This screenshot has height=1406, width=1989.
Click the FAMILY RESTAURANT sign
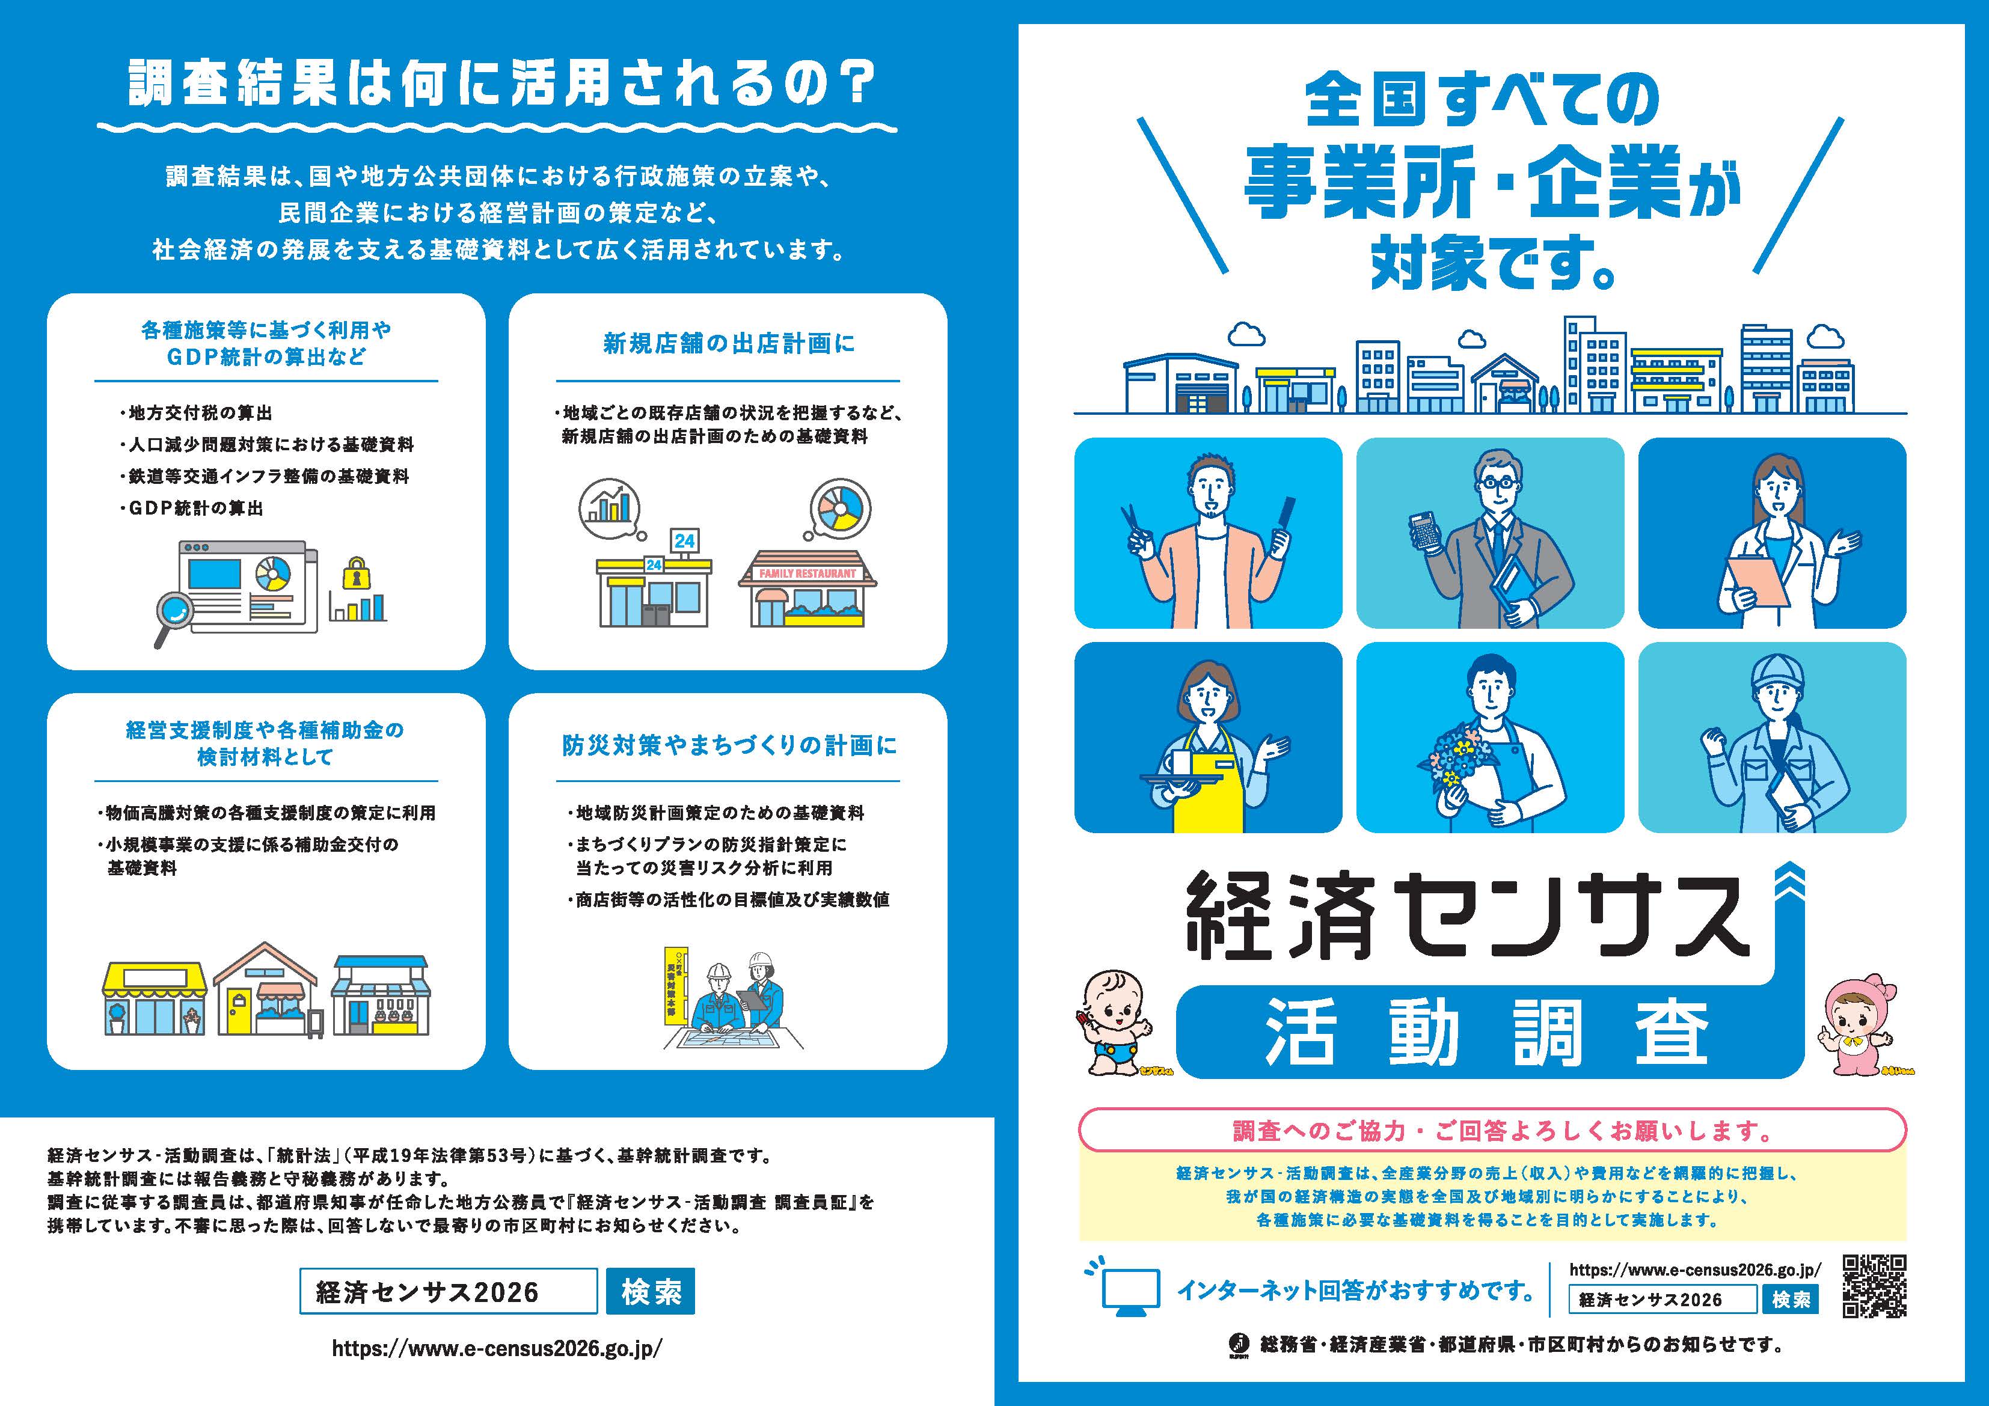(x=808, y=573)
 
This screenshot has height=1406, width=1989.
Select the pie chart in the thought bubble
(x=839, y=509)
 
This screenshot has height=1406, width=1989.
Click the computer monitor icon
(x=1130, y=1291)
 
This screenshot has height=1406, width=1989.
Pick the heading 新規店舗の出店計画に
(x=729, y=344)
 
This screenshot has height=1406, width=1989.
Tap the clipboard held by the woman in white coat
(x=1758, y=581)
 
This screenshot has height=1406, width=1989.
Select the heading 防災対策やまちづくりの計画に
(x=729, y=745)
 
